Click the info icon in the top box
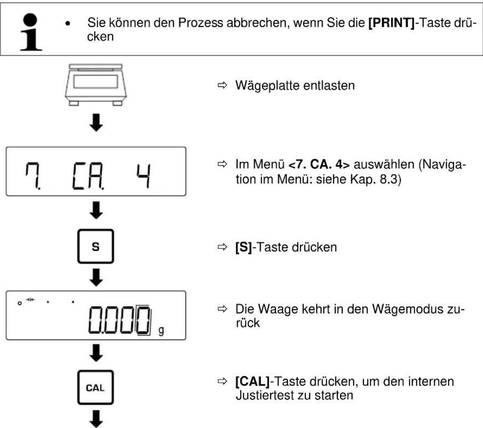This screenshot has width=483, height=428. pyautogui.click(x=31, y=32)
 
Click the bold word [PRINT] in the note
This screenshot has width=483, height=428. pyautogui.click(x=391, y=23)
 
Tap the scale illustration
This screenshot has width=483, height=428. pyautogui.click(x=96, y=85)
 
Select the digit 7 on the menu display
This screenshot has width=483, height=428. pyautogui.click(x=32, y=176)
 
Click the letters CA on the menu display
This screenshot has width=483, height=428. pyautogui.click(x=88, y=176)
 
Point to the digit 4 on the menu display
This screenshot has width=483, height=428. pyautogui.click(x=144, y=176)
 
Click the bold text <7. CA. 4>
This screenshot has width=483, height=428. pyautogui.click(x=319, y=165)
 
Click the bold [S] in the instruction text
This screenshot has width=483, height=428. pyautogui.click(x=243, y=247)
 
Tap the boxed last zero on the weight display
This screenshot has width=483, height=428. pyautogui.click(x=143, y=320)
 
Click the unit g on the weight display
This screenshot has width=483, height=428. pyautogui.click(x=161, y=331)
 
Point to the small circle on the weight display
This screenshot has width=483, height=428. pyautogui.click(x=20, y=303)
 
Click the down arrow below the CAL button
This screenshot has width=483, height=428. pyautogui.click(x=96, y=419)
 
